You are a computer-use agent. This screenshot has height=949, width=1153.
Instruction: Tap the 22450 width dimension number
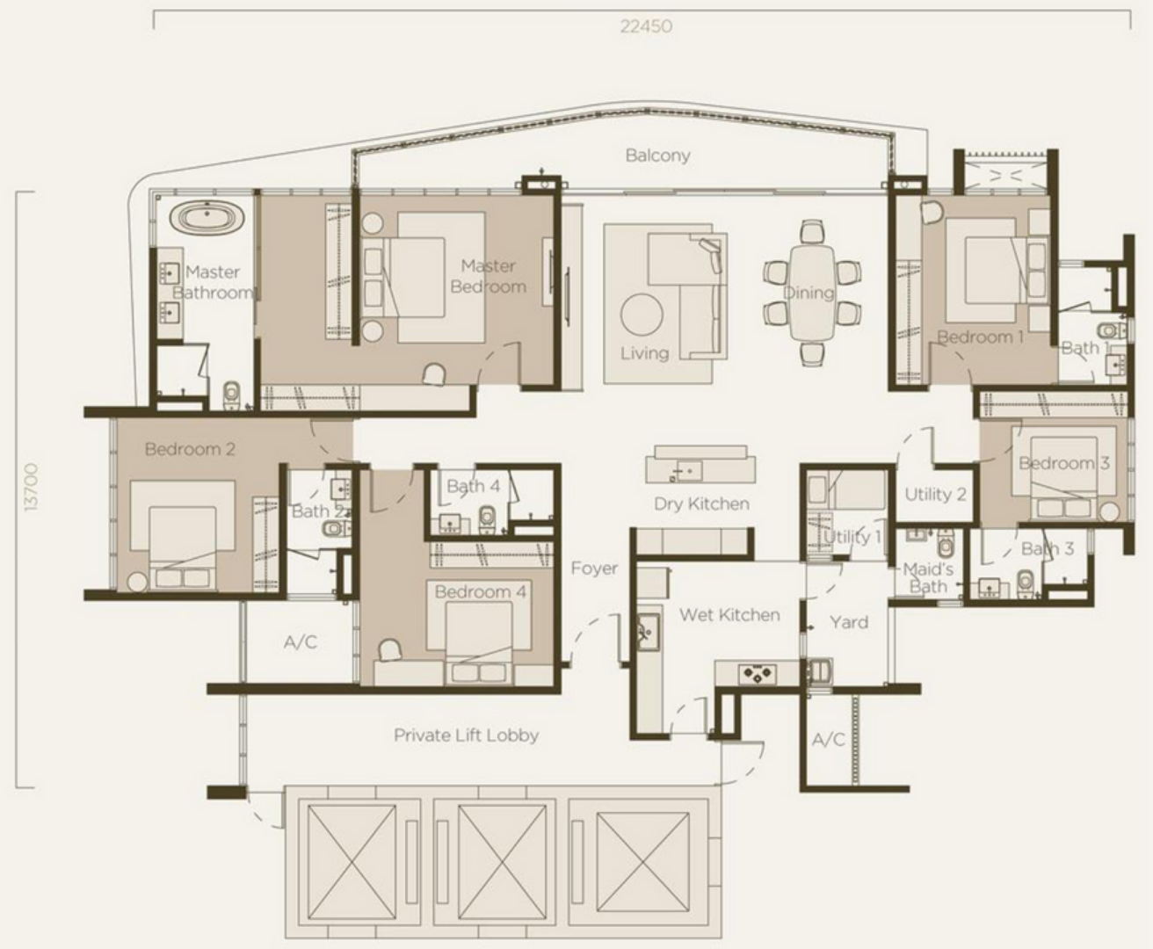646,26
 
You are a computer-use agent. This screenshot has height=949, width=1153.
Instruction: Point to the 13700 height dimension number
32,487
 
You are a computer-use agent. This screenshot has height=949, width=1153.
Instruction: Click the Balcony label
657,156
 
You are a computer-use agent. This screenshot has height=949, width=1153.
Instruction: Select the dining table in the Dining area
812,293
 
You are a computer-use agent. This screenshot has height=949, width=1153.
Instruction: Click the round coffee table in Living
642,315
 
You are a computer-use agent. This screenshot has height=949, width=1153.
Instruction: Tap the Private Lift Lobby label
467,735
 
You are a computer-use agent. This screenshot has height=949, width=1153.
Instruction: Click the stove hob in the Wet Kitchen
758,674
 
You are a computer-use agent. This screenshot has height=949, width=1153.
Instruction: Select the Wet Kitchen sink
648,632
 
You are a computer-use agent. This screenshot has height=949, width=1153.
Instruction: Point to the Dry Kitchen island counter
700,465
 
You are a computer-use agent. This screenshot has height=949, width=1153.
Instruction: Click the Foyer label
594,569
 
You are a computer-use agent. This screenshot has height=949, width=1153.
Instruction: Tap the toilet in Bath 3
1025,583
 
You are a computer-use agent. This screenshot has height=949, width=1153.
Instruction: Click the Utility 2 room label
935,494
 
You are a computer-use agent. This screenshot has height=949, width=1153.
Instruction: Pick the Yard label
848,622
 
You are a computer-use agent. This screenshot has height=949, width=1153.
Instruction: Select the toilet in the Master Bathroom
232,394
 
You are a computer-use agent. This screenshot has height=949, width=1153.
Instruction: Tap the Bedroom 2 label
190,449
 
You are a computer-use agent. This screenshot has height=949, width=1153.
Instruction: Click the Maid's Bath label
928,578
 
